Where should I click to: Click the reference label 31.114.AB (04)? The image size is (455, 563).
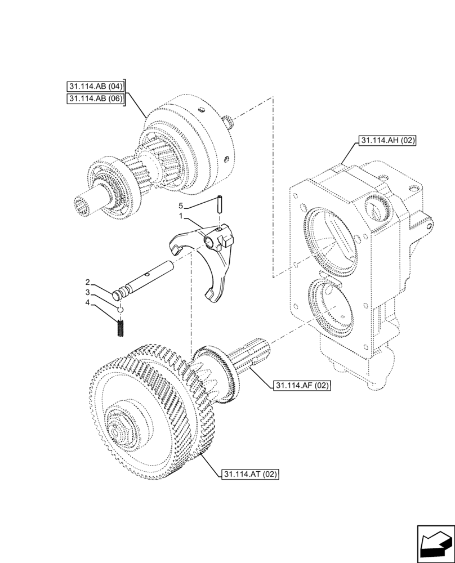(94, 87)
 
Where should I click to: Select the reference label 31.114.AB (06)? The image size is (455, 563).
(94, 99)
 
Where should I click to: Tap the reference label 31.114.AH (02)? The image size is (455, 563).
(386, 141)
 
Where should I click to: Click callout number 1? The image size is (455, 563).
(181, 216)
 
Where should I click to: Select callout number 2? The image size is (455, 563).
(88, 281)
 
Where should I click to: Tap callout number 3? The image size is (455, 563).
(88, 293)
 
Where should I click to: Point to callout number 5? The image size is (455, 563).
(181, 205)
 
